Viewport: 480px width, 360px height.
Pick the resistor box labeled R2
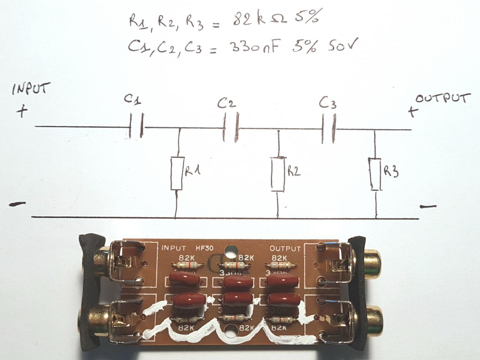tap(279, 174)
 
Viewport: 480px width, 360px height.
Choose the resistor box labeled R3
tap(375, 174)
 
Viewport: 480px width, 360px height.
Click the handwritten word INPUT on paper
tap(31, 90)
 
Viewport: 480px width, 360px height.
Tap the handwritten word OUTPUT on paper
tap(443, 99)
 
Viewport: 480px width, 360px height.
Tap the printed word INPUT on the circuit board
tap(174, 248)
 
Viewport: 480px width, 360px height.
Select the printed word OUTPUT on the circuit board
tap(285, 249)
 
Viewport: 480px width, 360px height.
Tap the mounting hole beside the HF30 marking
tap(229, 250)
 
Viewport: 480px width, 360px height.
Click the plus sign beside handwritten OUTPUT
tap(412, 111)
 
